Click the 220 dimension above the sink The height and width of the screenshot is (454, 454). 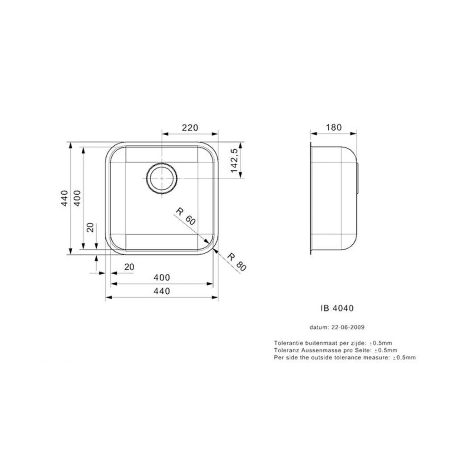(190, 128)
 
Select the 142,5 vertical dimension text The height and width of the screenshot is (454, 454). (234, 160)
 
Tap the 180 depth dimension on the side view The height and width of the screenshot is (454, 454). (334, 127)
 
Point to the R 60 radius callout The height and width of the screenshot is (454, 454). (186, 216)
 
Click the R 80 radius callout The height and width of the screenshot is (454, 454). (237, 262)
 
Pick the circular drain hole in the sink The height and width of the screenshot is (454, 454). (162, 178)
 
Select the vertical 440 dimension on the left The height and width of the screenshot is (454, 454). (64, 198)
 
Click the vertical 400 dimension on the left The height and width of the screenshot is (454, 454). (77, 198)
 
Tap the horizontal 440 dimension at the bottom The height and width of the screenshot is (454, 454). (162, 291)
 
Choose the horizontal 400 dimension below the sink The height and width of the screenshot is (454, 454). (162, 277)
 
